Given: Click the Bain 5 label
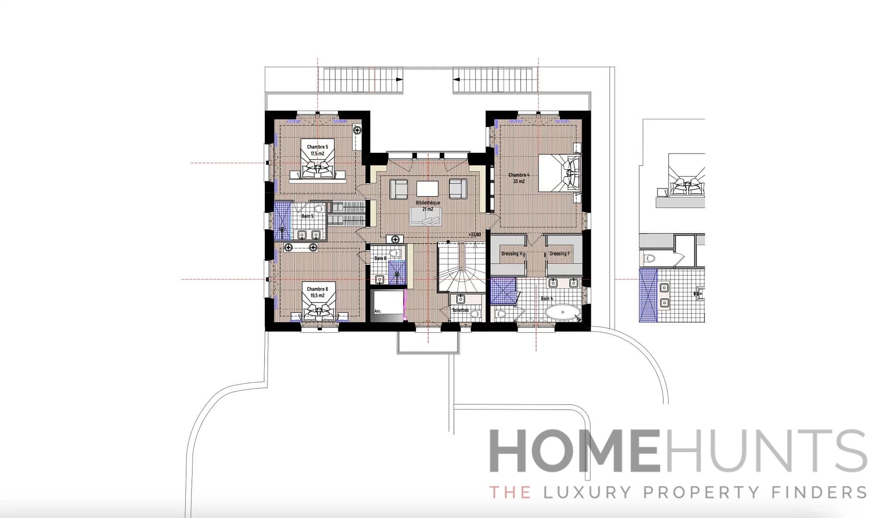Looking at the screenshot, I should point(307,216).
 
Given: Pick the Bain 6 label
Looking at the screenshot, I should point(380,259).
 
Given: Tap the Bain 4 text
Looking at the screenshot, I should point(547,298).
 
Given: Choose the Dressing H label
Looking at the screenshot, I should point(512,254).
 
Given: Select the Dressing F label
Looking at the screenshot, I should point(560,254).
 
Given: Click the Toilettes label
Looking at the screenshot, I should point(460,310).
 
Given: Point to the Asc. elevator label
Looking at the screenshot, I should point(378,311).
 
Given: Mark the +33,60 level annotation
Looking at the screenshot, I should point(475,235).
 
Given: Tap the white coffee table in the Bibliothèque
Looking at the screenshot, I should point(428,188).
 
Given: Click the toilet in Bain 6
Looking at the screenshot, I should point(394,253).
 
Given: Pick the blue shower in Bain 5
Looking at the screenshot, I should point(283,221).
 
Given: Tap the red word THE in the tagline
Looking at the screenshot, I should point(510,492).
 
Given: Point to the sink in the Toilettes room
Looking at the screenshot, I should point(461,299).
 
